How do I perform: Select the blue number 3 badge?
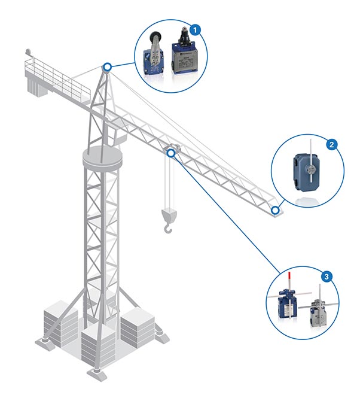(x=327, y=277)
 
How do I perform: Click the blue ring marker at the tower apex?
(x=107, y=67)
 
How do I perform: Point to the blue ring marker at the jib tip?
(x=275, y=211)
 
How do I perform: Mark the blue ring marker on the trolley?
(x=172, y=153)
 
